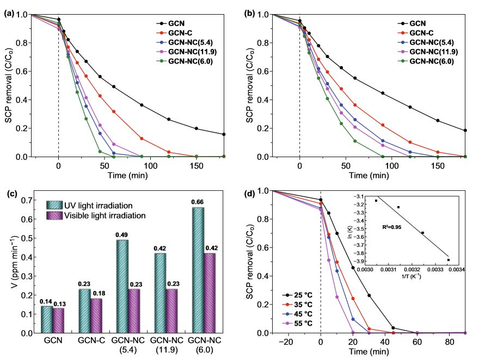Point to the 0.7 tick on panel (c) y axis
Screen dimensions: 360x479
30,201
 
